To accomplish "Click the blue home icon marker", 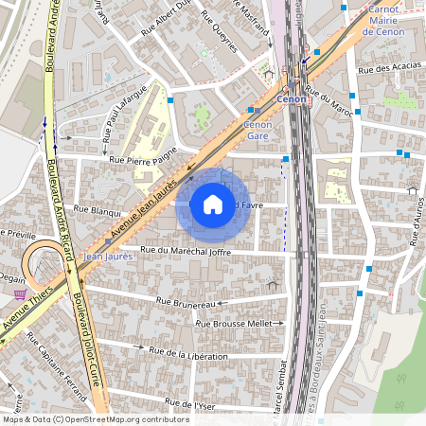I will (x=213, y=204).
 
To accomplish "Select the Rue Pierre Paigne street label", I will (x=144, y=162).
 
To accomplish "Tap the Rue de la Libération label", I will (x=188, y=355).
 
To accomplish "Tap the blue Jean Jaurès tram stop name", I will (x=106, y=256).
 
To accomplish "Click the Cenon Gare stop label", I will (x=257, y=130).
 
